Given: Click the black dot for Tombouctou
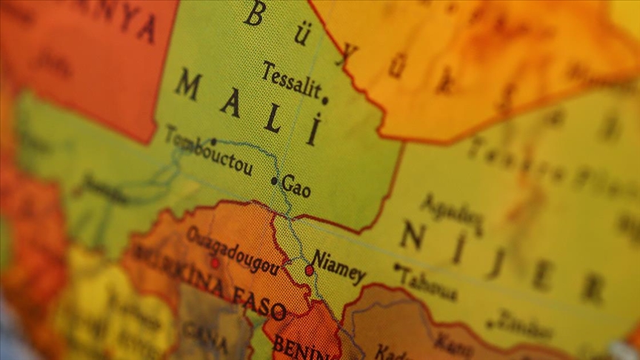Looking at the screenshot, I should click(214, 141).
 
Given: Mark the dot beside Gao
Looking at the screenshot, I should click(274, 181).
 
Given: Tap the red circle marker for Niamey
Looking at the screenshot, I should click(309, 270).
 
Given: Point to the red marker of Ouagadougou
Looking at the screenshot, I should click(214, 262).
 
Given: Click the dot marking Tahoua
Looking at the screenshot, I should click(397, 266).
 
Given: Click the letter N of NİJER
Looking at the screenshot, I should click(412, 236).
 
